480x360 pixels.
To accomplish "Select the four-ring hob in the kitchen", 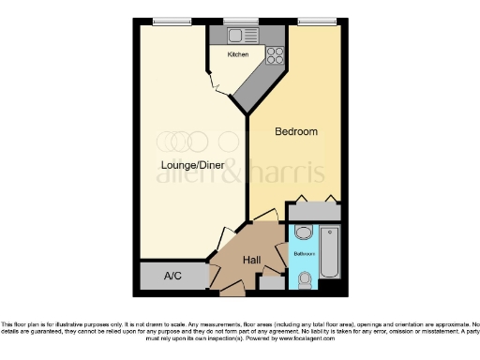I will [x=275, y=55].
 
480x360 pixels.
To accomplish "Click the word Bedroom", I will [x=295, y=132].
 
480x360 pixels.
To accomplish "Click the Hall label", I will [x=252, y=260].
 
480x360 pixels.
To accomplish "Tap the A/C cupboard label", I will [x=172, y=277].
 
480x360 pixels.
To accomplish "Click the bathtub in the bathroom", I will [x=330, y=251].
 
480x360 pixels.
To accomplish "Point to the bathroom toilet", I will [x=304, y=277].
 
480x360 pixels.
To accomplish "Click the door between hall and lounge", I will [x=228, y=236].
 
